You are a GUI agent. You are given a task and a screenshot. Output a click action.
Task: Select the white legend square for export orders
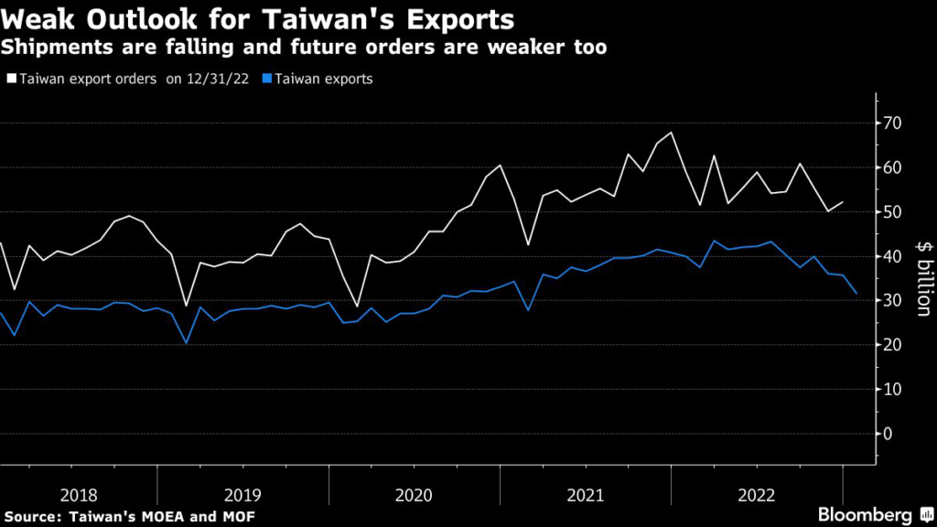(x=11, y=80)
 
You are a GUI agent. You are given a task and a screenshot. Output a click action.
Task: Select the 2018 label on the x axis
(x=79, y=495)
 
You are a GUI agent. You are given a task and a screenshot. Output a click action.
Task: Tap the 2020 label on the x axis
(x=414, y=495)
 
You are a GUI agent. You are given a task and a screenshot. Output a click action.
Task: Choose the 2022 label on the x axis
(x=756, y=495)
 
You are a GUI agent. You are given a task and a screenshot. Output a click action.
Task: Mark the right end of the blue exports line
(x=856, y=293)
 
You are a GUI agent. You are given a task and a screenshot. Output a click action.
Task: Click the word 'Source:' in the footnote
(x=32, y=518)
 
